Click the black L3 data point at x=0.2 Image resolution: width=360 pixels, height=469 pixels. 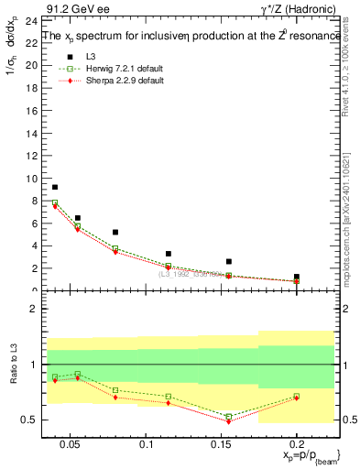tap(296, 277)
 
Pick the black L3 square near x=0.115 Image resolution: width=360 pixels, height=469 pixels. tap(169, 254)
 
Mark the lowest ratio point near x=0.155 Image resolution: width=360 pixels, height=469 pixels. tap(229, 421)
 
